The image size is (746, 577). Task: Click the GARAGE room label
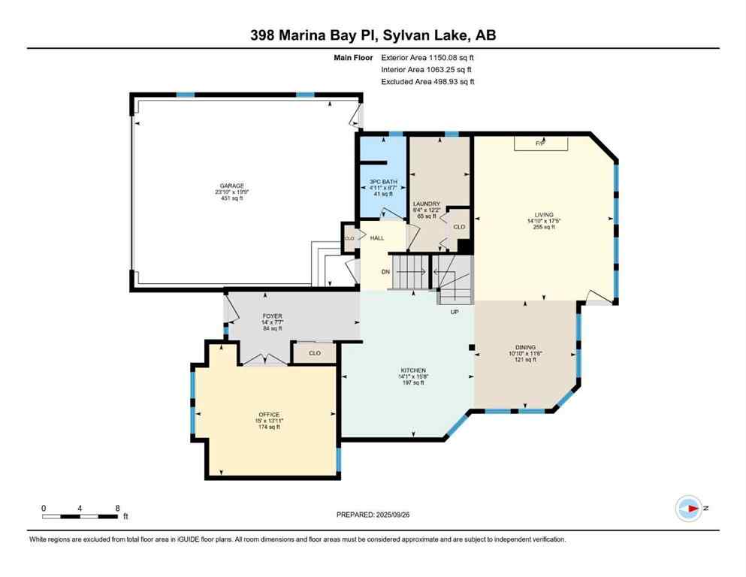coord(231,186)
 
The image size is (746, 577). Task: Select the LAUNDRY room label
coord(426,204)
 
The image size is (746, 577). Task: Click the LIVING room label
coord(543,214)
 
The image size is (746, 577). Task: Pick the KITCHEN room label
coord(413,370)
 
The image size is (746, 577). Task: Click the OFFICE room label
coord(269,415)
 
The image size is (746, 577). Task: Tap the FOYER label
coord(272,316)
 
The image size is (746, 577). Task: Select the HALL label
coord(376,238)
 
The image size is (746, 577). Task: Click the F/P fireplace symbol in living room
coord(539,143)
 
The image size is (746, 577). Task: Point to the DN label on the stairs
coord(387,273)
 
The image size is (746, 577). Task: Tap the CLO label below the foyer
coord(315,352)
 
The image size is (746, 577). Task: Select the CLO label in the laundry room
coord(459,226)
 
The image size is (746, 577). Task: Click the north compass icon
coord(687,508)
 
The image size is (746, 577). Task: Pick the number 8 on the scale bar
coord(118,507)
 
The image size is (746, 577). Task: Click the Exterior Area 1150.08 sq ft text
coord(427,57)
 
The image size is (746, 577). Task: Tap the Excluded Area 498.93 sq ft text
coord(427,81)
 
